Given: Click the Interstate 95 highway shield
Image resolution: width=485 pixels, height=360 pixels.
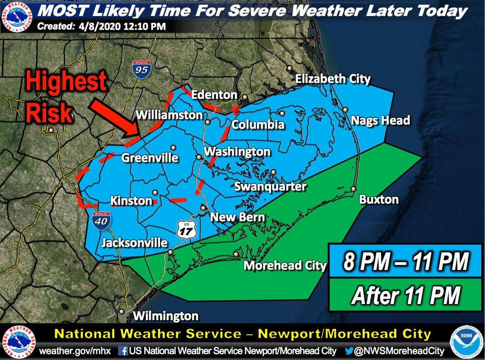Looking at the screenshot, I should tap(141, 69).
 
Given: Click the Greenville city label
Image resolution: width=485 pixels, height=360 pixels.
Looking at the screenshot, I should tap(150, 158).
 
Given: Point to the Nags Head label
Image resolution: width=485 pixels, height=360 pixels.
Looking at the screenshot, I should tap(380, 121).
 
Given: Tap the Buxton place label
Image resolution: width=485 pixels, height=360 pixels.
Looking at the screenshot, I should tap(379, 199).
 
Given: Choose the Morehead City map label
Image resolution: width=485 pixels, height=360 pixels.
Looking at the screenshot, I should tap(285, 265).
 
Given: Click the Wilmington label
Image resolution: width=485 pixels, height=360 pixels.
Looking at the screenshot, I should tap(165, 315).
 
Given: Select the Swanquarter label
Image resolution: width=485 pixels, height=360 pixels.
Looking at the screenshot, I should tap(270, 186).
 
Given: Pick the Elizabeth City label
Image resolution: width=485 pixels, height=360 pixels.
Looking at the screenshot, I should tap(333, 79).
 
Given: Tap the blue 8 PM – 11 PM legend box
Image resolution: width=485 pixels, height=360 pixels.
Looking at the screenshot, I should tap(405, 261).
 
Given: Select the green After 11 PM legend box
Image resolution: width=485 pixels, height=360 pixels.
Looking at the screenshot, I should tap(405, 295).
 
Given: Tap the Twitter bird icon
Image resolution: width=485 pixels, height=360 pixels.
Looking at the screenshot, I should tap(349, 350).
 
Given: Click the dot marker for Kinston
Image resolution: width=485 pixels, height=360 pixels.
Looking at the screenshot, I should tap(155, 192).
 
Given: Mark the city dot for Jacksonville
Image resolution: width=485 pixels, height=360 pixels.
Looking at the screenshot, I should tap(171, 252).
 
